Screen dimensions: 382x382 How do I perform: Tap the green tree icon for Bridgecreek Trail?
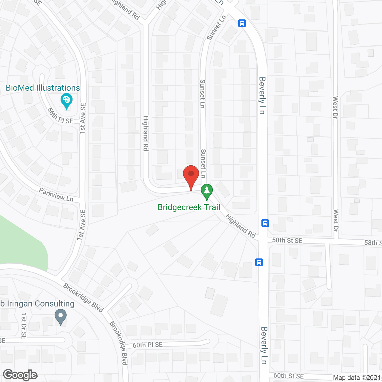coord(207,191)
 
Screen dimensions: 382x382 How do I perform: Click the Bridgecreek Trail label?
coord(189,207)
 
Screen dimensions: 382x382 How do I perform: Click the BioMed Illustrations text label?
coord(43,88)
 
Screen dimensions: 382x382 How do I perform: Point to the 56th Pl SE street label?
coord(60,116)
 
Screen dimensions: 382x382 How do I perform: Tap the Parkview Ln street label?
coord(56,195)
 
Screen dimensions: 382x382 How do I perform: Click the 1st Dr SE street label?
coord(24,326)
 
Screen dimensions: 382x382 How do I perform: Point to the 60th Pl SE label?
coord(148,345)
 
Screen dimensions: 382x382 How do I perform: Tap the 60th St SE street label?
coord(288,376)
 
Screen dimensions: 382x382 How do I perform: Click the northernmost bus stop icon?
coord(242,23)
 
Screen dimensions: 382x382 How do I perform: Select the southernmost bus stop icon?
coord(259,262)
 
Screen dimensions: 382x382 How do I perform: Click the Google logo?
coord(20,375)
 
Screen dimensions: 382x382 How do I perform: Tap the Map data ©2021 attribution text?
coord(357,378)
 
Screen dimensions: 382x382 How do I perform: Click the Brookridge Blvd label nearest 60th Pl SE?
coord(119,343)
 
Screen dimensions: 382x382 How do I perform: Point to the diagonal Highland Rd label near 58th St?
coord(241,226)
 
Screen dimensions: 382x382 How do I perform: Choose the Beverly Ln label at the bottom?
coord(264,346)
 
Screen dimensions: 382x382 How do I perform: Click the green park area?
coord(21,242)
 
